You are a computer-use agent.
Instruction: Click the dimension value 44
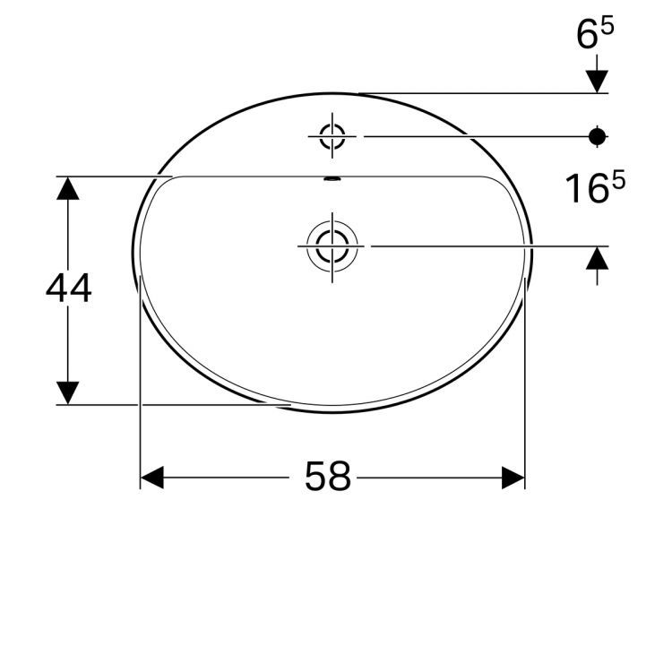[x=68, y=289]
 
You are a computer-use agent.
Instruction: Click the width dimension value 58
[x=328, y=477]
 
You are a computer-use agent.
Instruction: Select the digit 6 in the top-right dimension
[x=588, y=36]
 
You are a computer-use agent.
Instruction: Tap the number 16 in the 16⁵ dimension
[x=584, y=189]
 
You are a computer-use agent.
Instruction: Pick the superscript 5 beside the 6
[x=607, y=28]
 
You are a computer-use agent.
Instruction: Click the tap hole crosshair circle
[x=332, y=136]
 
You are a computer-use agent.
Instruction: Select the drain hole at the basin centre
[x=332, y=245]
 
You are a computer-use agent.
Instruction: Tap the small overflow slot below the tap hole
[x=332, y=179]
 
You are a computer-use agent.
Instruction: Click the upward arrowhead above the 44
[x=68, y=188]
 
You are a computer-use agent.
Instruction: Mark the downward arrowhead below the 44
[x=68, y=392]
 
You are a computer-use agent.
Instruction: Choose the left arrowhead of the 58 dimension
[x=152, y=478]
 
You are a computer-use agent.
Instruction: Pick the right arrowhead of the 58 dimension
[x=513, y=478]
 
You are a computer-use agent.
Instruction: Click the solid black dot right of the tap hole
[x=598, y=136]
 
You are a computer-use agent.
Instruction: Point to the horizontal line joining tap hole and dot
[x=475, y=136]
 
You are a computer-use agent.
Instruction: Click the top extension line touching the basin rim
[x=484, y=92]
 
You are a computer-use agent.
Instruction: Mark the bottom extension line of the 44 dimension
[x=161, y=404]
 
